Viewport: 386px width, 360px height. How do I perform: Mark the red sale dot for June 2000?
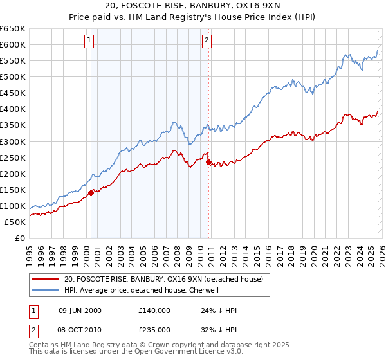point(91,192)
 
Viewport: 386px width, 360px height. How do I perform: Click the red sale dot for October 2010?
point(208,162)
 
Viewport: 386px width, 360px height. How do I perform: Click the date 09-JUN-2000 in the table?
point(80,310)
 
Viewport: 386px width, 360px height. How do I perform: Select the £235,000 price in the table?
point(154,328)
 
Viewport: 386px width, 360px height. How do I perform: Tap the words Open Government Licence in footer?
point(183,352)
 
